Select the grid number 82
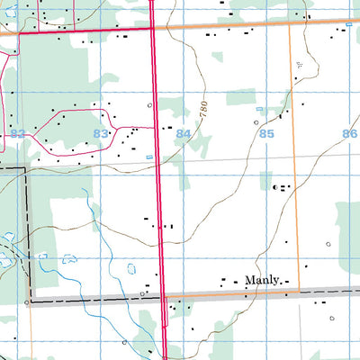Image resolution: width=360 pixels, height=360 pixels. pos(17,133)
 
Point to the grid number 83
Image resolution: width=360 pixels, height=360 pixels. pos(101,133)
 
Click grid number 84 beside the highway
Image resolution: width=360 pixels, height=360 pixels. pos(184,133)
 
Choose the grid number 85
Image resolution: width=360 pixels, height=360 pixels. pos(265,133)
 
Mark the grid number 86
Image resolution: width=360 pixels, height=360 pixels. pos(349,133)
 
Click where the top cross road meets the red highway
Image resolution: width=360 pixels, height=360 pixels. pos(151,28)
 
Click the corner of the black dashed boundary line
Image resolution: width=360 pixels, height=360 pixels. pos(24,168)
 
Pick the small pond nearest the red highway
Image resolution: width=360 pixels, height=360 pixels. pos(131,267)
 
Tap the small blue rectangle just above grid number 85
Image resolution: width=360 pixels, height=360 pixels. pos(259,110)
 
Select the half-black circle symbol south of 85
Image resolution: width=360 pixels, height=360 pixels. pos(275,187)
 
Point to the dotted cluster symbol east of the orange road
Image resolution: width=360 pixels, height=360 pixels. pos(300,65)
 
